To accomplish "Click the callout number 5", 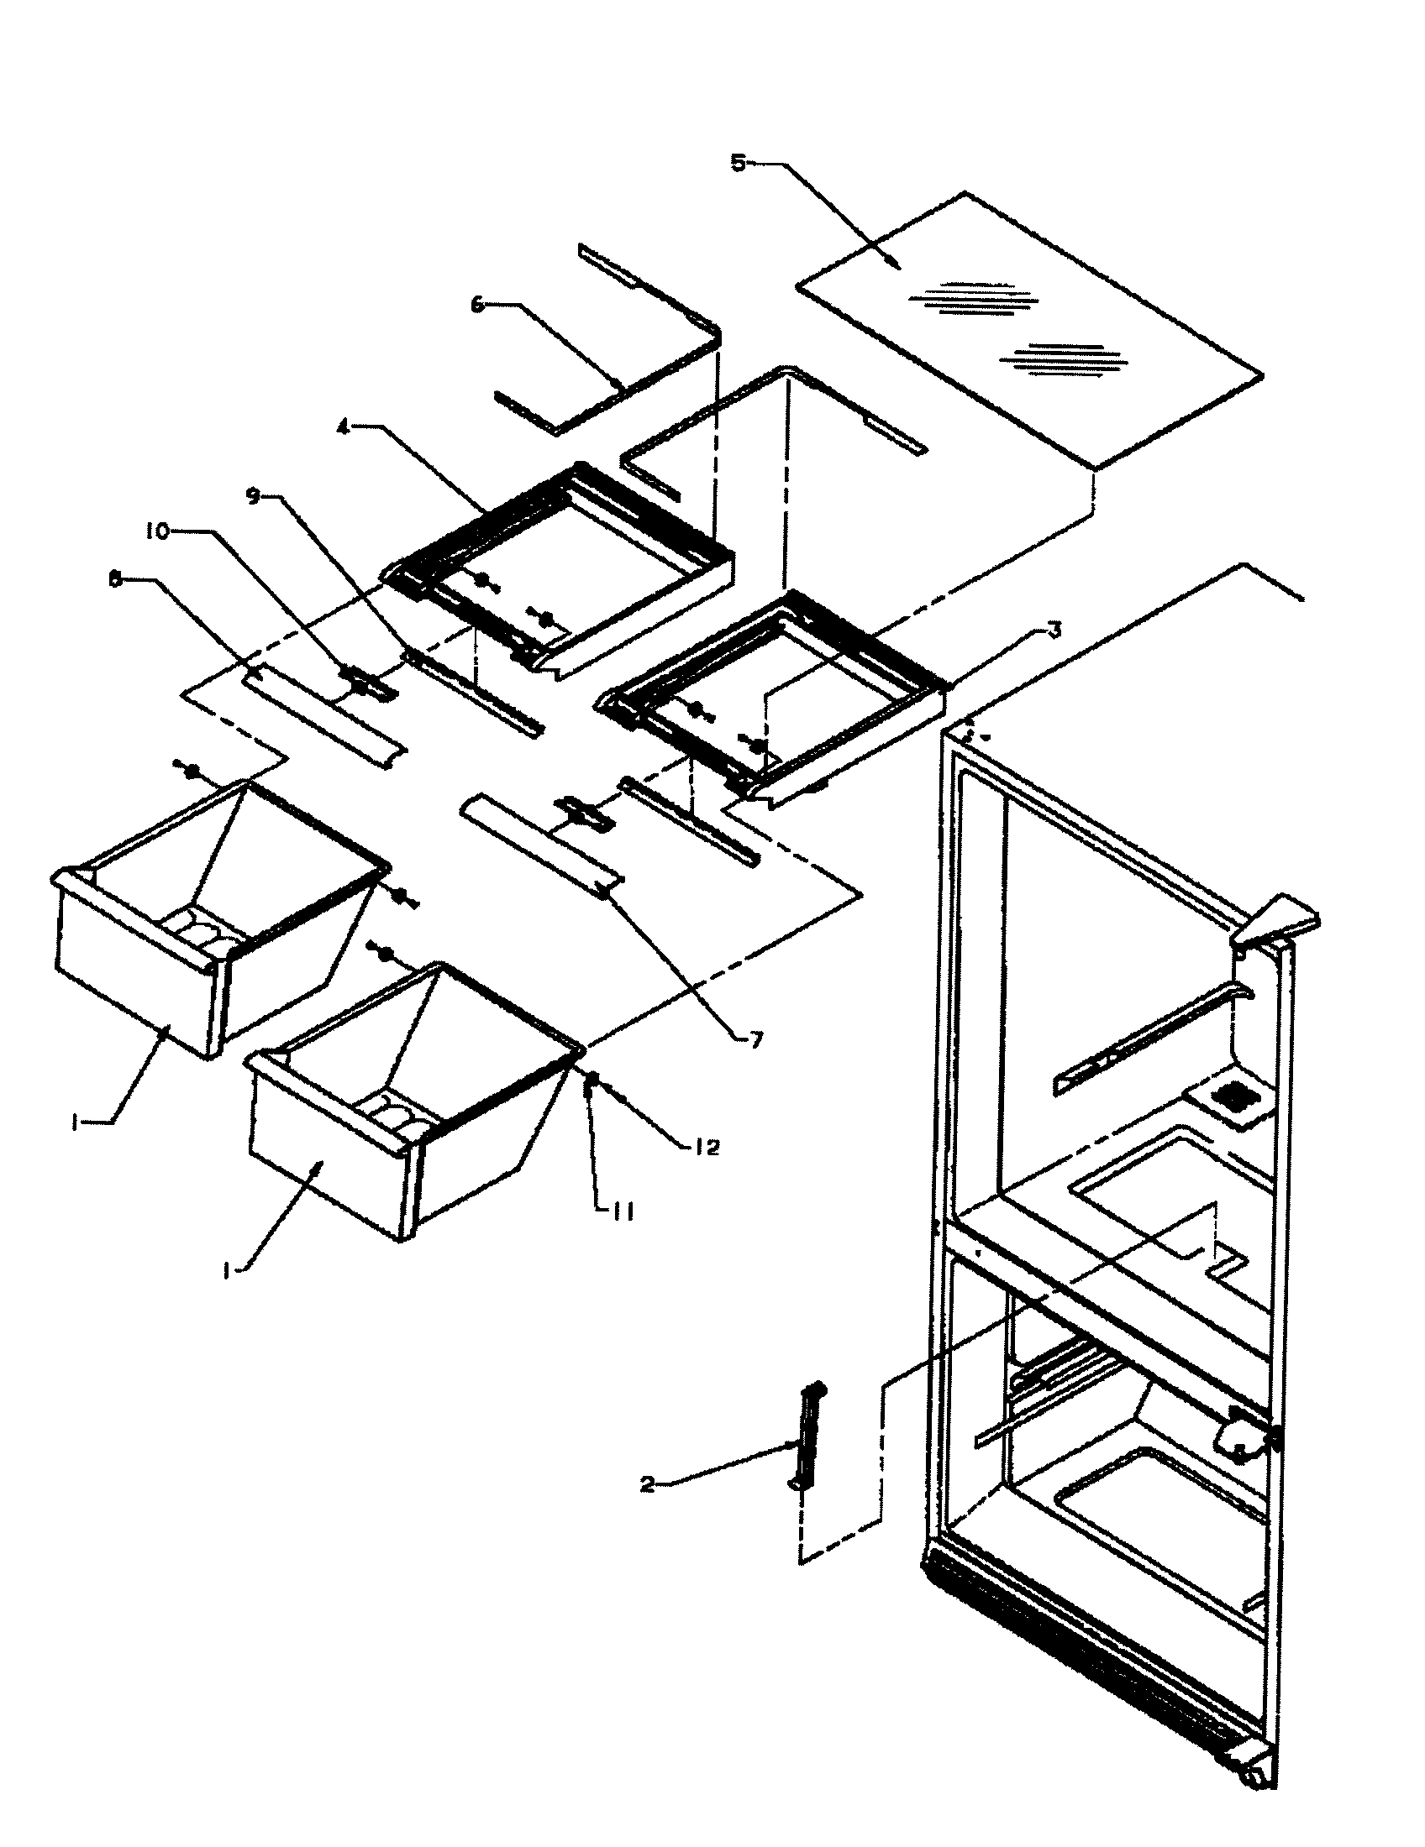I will tap(738, 163).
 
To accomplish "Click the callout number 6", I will tap(478, 306).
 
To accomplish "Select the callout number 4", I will tap(343, 428).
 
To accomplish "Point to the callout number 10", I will tap(156, 532).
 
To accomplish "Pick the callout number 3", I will tap(1054, 630).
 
